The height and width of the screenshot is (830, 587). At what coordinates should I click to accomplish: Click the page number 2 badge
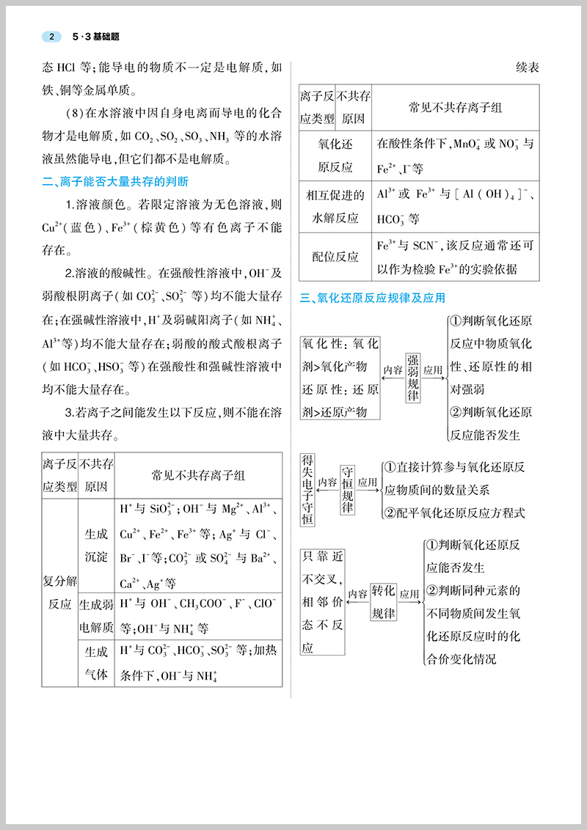[51, 37]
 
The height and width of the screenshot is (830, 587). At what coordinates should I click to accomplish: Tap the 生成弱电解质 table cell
[96, 616]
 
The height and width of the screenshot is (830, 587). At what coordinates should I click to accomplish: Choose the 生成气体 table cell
[96, 662]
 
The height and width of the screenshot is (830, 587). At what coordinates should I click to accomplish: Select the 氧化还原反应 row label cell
[335, 155]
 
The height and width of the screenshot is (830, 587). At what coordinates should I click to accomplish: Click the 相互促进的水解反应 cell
[335, 206]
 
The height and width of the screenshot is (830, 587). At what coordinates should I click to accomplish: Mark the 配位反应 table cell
[335, 257]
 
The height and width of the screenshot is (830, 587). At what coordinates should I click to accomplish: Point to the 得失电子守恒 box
[308, 490]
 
